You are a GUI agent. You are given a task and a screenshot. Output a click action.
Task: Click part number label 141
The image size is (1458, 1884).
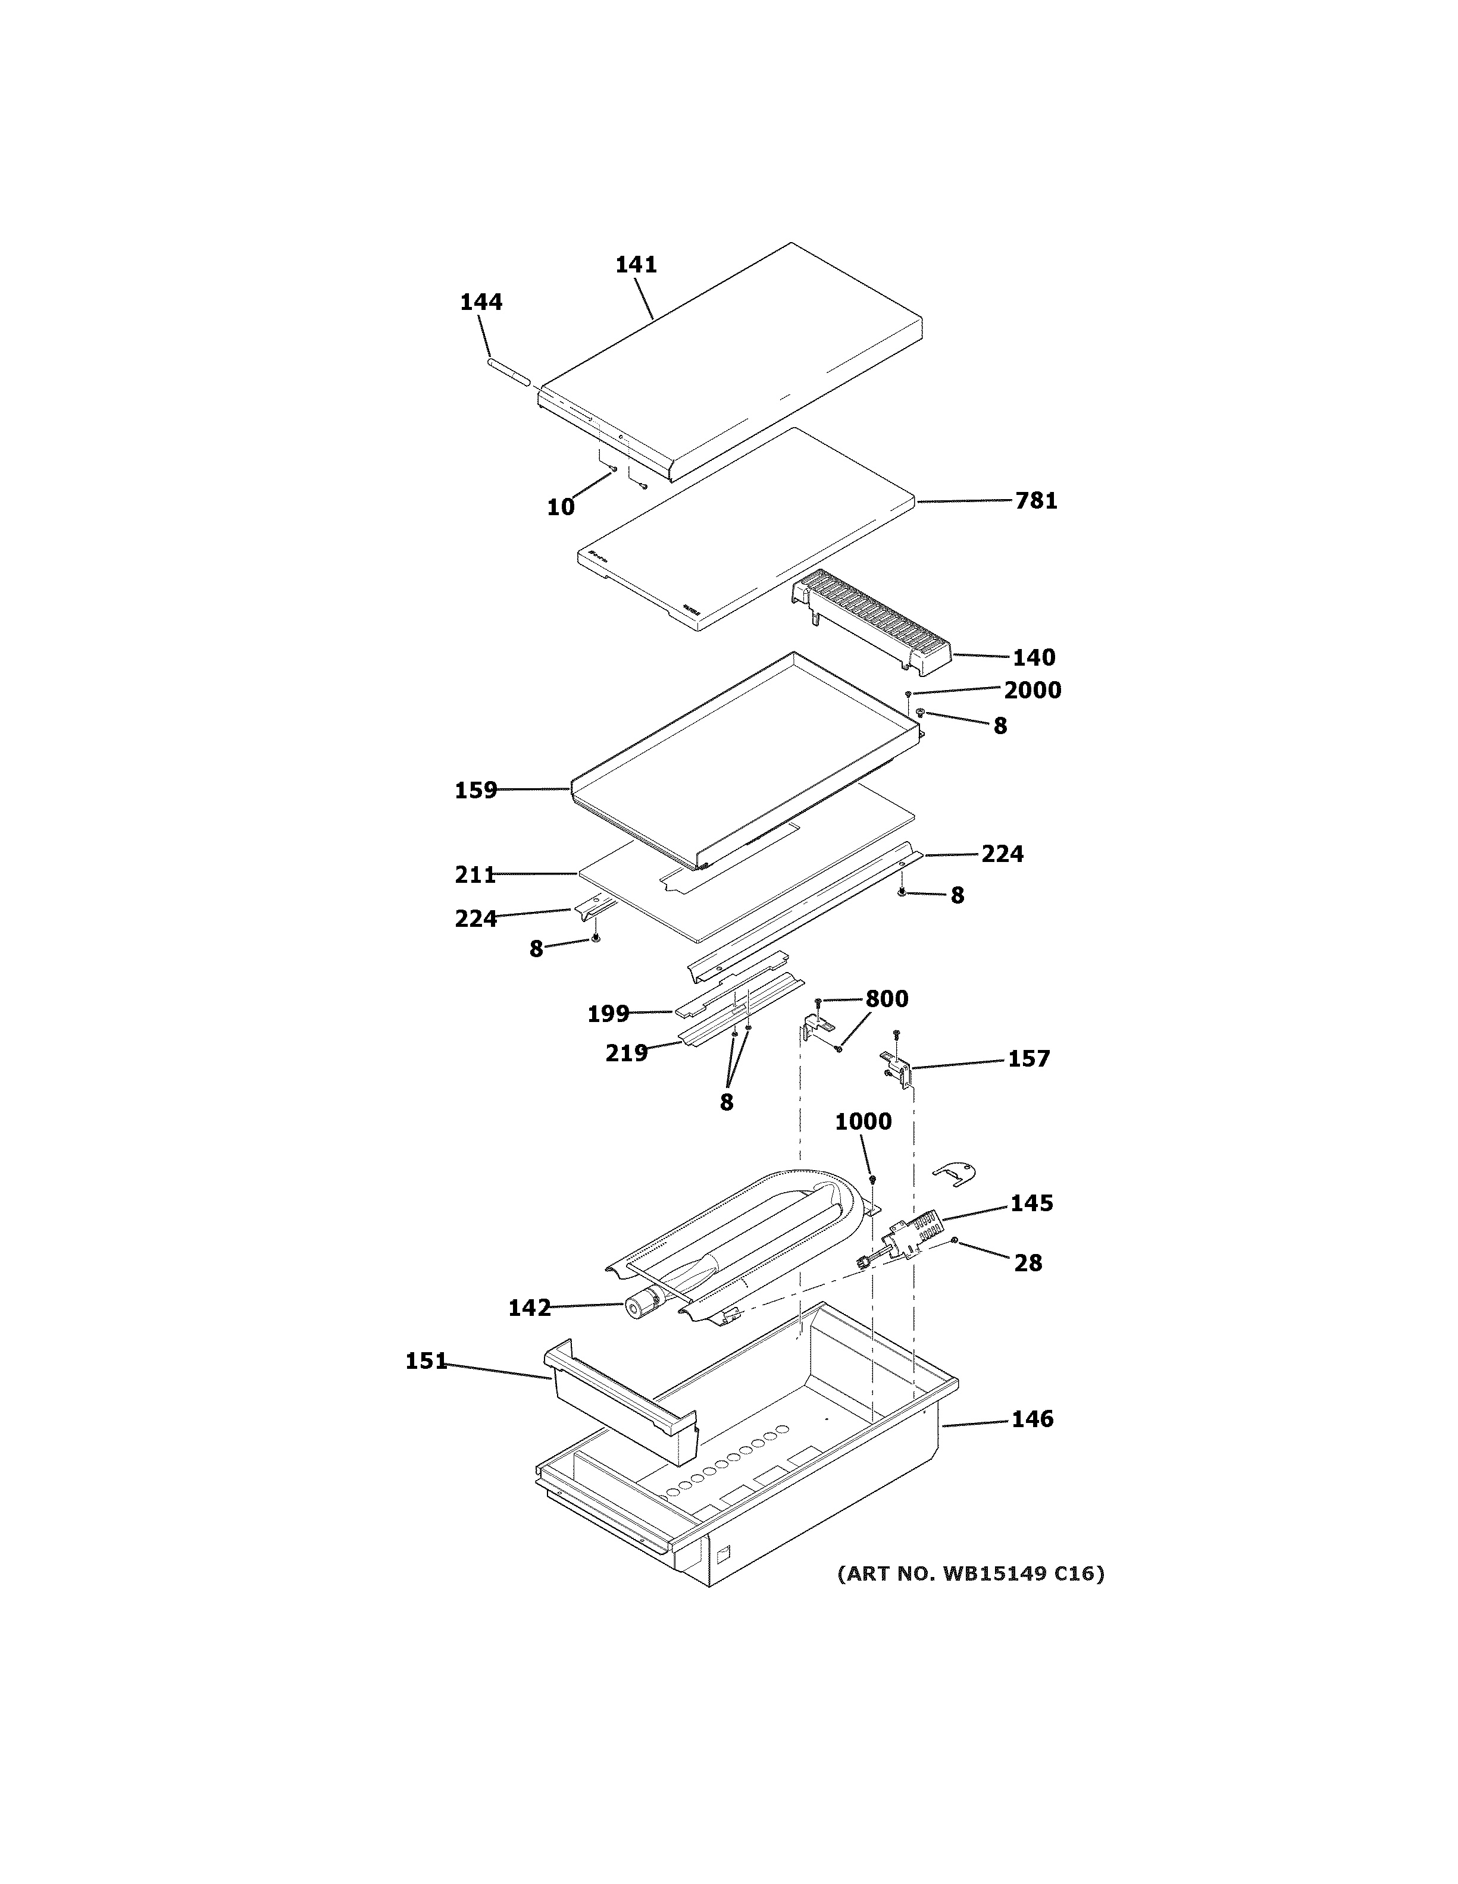(636, 265)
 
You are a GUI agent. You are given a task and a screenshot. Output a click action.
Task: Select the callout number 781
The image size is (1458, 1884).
(1035, 500)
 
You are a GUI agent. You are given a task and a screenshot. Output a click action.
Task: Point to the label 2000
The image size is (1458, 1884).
(1032, 690)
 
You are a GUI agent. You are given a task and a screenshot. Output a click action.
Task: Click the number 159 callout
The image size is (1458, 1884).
(476, 790)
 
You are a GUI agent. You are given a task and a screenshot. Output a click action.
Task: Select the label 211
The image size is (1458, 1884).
(476, 874)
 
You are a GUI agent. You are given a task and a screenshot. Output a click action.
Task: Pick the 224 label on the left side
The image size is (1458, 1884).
(476, 919)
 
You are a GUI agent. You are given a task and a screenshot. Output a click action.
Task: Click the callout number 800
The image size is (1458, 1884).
(886, 999)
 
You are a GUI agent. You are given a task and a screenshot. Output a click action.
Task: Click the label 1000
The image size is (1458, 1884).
(863, 1121)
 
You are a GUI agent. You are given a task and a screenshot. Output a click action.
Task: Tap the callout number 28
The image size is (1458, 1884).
(1028, 1263)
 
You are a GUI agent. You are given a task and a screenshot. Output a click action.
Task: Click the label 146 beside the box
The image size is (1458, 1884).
(1032, 1419)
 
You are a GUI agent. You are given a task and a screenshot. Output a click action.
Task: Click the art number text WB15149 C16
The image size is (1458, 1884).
(971, 1573)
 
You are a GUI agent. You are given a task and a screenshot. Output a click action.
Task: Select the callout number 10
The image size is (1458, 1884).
(561, 507)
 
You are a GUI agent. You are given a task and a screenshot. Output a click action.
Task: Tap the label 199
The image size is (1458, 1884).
(608, 1014)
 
